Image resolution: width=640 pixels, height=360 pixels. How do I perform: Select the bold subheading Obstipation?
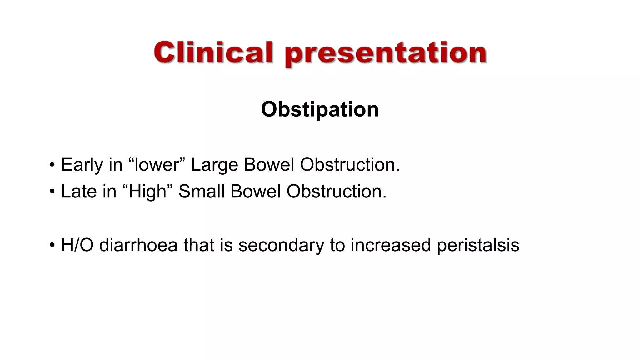point(320,109)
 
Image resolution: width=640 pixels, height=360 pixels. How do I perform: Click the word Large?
point(214,165)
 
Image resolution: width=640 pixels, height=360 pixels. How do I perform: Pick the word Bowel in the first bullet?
point(269,165)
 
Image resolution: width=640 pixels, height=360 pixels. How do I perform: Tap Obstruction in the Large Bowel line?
point(350,165)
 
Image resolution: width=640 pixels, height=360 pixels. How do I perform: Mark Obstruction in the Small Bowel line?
point(336,191)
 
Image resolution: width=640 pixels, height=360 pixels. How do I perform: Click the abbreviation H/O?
point(77,245)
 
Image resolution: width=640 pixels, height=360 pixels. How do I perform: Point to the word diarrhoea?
point(138,245)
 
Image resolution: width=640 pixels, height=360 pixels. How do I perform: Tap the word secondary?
point(281,245)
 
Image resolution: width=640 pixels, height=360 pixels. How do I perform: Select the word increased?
point(391,245)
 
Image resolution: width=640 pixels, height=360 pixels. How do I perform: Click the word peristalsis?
point(478,245)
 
